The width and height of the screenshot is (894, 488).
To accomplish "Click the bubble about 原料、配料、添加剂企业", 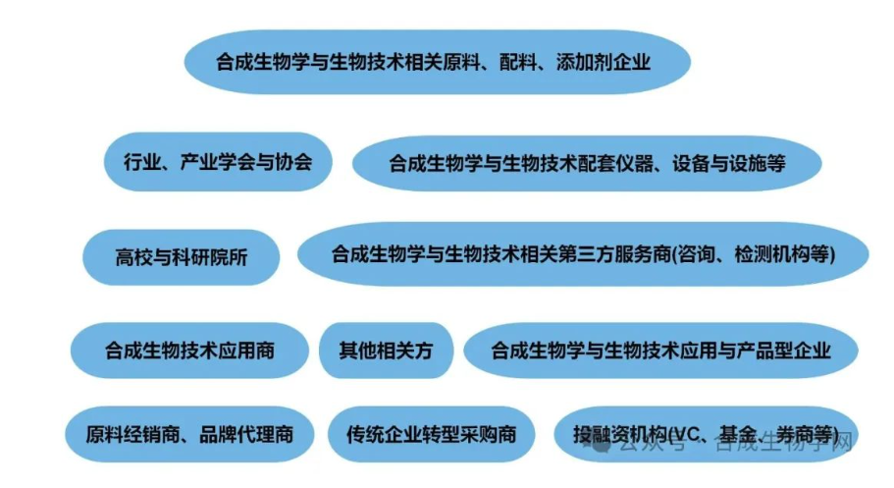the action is coord(436,62).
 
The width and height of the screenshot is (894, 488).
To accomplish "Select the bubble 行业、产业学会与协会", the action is coord(215,161).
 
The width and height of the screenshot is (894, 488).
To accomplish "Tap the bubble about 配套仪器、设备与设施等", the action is coord(587,163).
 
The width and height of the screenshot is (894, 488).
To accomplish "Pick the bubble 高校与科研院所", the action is coord(182,257).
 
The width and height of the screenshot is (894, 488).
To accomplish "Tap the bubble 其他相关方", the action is coord(386,350).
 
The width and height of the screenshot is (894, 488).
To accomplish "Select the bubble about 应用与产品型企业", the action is coord(660,351).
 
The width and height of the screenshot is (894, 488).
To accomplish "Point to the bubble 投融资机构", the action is coord(706,434).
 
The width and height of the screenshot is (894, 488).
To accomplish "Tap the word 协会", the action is coord(290,161).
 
